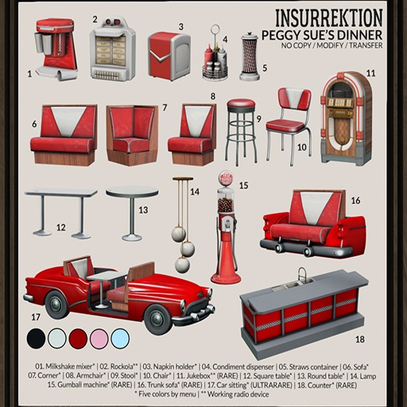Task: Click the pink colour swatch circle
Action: (x=99, y=339)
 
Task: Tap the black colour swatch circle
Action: (x=36, y=339)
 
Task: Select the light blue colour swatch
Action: (x=120, y=339)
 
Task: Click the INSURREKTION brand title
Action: (x=329, y=18)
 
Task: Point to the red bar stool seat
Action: (x=241, y=104)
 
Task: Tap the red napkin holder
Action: (x=169, y=56)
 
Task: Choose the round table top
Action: (x=132, y=192)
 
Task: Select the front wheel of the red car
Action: (x=159, y=319)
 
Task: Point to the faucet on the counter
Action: (x=302, y=273)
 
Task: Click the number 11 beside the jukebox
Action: (x=370, y=73)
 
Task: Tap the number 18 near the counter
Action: (x=359, y=339)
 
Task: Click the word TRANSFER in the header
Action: (x=366, y=45)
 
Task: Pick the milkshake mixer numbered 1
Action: (x=56, y=49)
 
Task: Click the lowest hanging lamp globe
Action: (x=182, y=265)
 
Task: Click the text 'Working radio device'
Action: (x=238, y=394)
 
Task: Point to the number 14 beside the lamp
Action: (x=195, y=192)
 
